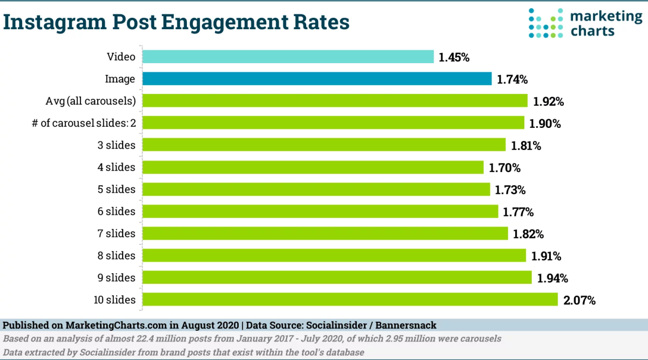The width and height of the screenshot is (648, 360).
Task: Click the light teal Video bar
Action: click(x=288, y=57)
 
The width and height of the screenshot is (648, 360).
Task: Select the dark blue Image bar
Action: click(x=317, y=79)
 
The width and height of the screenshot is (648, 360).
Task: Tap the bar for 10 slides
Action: click(x=350, y=300)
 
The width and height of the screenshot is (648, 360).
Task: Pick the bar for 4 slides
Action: click(x=313, y=167)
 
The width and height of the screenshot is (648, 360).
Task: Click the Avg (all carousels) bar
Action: click(x=335, y=101)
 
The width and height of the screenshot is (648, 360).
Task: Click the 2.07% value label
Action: click(x=579, y=300)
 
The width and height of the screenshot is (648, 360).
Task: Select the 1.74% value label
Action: click(x=512, y=79)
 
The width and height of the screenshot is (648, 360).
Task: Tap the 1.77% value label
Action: click(x=519, y=212)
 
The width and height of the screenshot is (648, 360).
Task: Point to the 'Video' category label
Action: click(x=122, y=57)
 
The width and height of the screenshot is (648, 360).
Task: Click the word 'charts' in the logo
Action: click(x=592, y=30)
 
